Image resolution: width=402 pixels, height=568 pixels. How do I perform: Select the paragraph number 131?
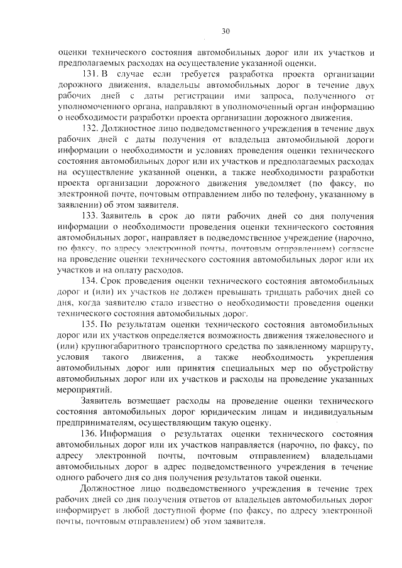pyautogui.click(x=91, y=74)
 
